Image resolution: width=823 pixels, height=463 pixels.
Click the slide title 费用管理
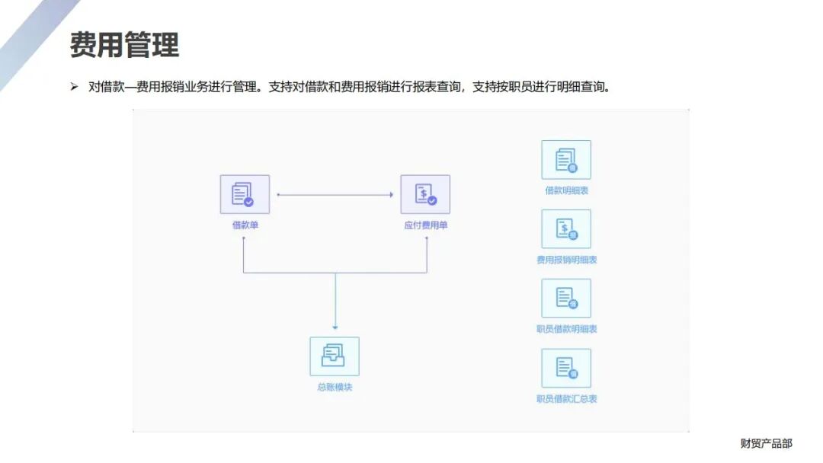pos(124,45)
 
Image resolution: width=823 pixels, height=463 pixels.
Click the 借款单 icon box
pos(245,194)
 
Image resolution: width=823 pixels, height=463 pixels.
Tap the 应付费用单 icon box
pos(425,194)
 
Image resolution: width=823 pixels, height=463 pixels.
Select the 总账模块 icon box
pos(334,356)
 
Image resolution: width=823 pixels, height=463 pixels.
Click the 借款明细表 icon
pos(566,160)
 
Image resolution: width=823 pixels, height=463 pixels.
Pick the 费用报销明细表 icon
pos(566,229)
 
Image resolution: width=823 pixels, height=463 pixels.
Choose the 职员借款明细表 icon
pos(566,299)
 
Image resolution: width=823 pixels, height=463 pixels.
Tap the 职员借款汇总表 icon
pos(566,369)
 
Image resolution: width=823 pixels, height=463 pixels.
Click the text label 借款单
pos(245,225)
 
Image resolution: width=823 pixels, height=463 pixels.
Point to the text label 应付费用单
pos(426,225)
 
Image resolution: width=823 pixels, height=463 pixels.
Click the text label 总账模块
pos(335,387)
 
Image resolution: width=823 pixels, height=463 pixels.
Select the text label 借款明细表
pos(566,190)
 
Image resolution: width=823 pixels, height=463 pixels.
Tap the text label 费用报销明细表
pos(566,260)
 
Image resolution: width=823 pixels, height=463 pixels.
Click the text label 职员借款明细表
pos(566,329)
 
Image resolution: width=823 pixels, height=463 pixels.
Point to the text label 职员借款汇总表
pos(566,398)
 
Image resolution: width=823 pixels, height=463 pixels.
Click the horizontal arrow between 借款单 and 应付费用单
pos(335,195)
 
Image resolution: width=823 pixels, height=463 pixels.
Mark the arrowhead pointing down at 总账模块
pos(335,327)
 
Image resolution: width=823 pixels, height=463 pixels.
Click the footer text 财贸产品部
pos(766,443)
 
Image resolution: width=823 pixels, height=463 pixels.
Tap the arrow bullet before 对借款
pos(74,87)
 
